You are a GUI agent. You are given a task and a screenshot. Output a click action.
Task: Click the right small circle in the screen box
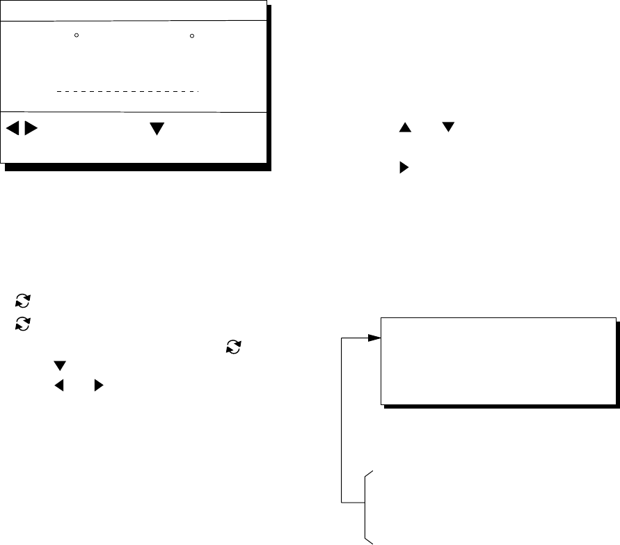point(192,34)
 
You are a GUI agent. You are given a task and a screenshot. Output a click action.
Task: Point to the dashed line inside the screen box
point(127,90)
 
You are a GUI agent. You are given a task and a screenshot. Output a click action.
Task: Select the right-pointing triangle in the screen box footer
point(30,129)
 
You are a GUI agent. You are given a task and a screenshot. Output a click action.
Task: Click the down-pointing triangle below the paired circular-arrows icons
point(59,365)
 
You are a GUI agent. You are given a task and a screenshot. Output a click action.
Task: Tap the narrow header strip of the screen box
point(134,11)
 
